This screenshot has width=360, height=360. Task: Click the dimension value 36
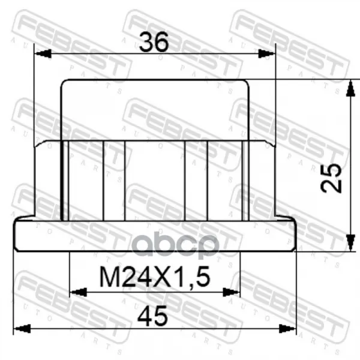click(x=154, y=42)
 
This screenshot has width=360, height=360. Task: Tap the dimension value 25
click(x=331, y=178)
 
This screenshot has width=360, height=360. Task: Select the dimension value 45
click(x=152, y=316)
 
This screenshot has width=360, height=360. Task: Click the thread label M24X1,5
click(x=155, y=277)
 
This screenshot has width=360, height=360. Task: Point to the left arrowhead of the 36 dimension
click(x=43, y=54)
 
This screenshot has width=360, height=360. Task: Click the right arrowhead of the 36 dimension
click(x=266, y=54)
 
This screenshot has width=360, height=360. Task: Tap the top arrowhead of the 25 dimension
click(x=350, y=88)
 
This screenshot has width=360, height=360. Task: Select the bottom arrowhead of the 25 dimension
click(x=350, y=243)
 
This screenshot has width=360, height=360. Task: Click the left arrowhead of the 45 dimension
click(x=22, y=329)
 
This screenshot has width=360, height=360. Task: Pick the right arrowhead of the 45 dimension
click(x=287, y=329)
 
